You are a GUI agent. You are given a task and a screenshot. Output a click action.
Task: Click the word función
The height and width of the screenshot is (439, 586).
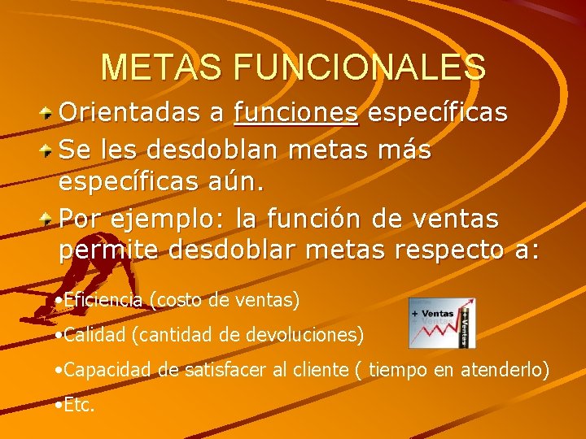click(x=341, y=219)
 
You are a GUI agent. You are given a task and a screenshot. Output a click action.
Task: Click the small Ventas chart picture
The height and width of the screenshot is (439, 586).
click(x=442, y=323)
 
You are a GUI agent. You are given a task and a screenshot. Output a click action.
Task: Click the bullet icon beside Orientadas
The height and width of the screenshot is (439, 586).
click(x=49, y=112)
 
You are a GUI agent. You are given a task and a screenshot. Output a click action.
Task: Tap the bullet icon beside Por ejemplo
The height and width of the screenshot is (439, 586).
click(x=49, y=219)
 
